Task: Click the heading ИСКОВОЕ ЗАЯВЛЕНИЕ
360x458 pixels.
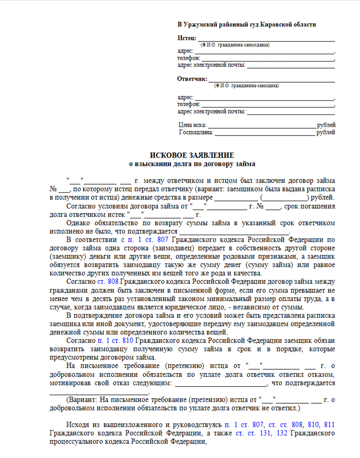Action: (x=192, y=155)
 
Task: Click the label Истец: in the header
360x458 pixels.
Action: (x=187, y=38)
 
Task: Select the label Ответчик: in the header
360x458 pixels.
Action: (x=192, y=78)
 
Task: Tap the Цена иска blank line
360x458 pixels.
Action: (x=262, y=126)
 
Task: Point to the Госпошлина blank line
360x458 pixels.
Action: (x=265, y=133)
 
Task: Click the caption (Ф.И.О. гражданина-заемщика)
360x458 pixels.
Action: (x=246, y=85)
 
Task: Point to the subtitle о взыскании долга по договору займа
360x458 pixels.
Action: (x=192, y=164)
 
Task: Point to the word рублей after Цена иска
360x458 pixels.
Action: (x=326, y=125)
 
